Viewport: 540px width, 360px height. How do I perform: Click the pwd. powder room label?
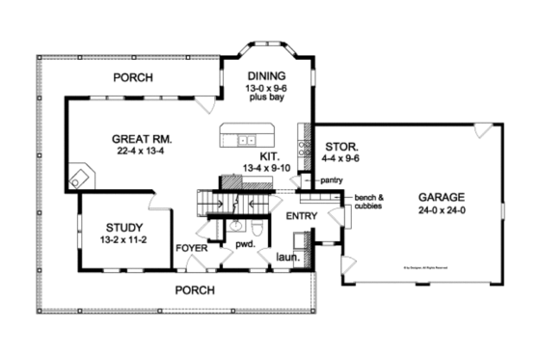click(244, 244)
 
